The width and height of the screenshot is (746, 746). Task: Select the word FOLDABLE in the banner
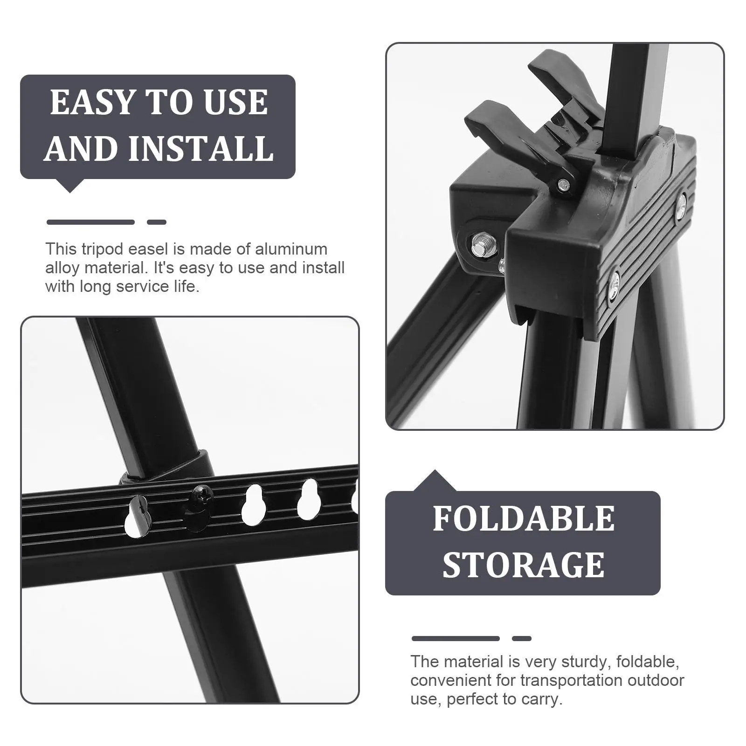click(523, 518)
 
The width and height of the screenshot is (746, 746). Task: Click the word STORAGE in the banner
click(523, 565)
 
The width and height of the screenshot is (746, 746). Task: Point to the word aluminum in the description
click(291, 249)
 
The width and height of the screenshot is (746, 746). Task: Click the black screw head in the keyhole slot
click(198, 491)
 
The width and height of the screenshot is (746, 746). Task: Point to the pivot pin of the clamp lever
click(565, 185)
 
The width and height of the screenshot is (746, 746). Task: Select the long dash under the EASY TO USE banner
click(90, 222)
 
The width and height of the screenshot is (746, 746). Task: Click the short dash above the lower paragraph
click(521, 638)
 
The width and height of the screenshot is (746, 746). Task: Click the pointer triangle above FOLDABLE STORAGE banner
click(435, 481)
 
